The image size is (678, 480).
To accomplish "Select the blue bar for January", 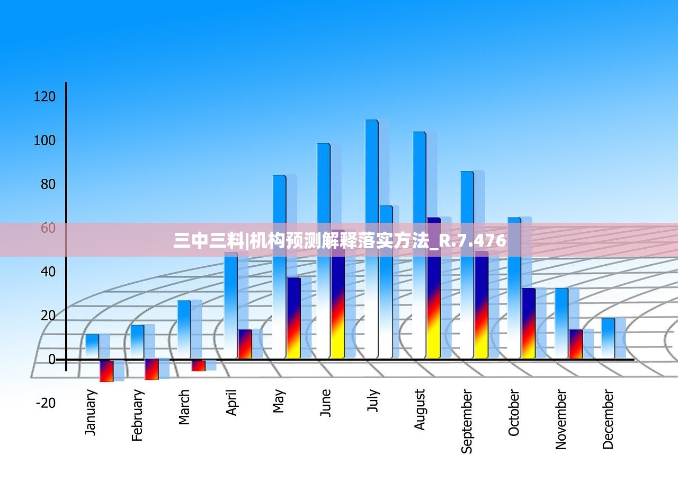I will pyautogui.click(x=92, y=346).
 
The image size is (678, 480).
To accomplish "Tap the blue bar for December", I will pyautogui.click(x=608, y=338).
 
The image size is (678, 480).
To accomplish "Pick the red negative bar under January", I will pyautogui.click(x=106, y=371).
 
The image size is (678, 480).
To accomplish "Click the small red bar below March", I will pyautogui.click(x=198, y=365).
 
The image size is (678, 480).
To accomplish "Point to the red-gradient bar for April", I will pyautogui.click(x=245, y=344).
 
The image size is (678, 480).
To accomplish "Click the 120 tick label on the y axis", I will pyautogui.click(x=44, y=97).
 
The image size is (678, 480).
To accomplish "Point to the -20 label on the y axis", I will pyautogui.click(x=45, y=403).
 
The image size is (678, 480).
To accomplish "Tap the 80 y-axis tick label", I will pyautogui.click(x=45, y=185).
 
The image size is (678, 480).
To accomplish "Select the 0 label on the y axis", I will pyautogui.click(x=52, y=360).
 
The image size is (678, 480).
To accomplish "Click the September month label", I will pyautogui.click(x=466, y=422).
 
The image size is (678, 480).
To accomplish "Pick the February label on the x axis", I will pyautogui.click(x=137, y=415).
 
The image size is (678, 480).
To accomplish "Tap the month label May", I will pyautogui.click(x=279, y=402).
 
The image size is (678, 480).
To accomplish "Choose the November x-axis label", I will pyautogui.click(x=561, y=420).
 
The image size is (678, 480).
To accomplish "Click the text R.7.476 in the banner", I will pyautogui.click(x=473, y=241).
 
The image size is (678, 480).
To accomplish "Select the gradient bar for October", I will pyautogui.click(x=528, y=322).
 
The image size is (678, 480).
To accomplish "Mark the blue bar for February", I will pyautogui.click(x=137, y=341).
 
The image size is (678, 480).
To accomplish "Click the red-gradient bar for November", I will pyautogui.click(x=576, y=344).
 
